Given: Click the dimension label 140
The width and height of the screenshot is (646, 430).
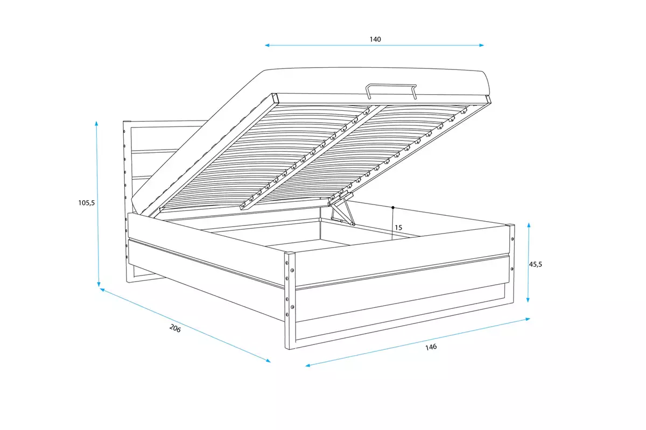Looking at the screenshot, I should tap(375, 39).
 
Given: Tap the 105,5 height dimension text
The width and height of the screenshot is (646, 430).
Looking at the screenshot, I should tap(86, 203).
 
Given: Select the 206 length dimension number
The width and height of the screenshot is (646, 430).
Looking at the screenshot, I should tap(175, 328).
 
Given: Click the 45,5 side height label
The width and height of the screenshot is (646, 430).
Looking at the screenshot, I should tap(535, 264).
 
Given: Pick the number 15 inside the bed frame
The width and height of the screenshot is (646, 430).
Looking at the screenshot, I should tap(398, 228).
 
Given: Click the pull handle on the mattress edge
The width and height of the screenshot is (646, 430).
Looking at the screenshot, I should tap(391, 90).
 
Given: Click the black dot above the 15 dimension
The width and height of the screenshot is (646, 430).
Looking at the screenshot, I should tap(394, 207).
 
